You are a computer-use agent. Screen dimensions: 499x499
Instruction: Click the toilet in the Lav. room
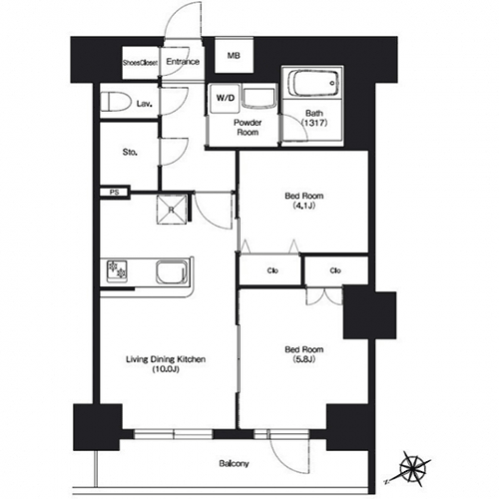click(x=116, y=102)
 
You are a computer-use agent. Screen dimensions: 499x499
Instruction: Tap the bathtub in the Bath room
click(x=313, y=83)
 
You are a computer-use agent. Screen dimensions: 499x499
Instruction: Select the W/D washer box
click(x=226, y=98)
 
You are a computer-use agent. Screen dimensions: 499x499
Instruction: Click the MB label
click(x=234, y=56)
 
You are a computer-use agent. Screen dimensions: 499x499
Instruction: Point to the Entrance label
click(x=183, y=62)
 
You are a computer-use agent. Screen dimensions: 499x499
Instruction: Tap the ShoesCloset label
click(x=140, y=63)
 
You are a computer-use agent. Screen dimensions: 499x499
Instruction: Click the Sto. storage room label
click(x=130, y=153)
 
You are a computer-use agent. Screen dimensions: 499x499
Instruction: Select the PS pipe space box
click(x=115, y=193)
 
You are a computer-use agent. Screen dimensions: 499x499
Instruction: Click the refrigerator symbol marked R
click(x=172, y=210)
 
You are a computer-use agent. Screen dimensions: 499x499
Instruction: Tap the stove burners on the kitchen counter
click(x=117, y=269)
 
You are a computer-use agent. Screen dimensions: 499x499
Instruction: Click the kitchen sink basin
click(x=171, y=272)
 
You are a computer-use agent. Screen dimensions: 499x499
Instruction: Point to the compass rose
click(x=412, y=468)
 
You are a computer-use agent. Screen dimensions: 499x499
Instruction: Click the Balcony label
click(x=234, y=463)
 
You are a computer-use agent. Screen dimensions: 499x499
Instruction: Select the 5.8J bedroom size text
click(x=304, y=359)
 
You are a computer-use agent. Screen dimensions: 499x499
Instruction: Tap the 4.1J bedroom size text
click(x=304, y=206)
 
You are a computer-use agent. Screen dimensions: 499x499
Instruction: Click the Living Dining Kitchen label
click(x=166, y=359)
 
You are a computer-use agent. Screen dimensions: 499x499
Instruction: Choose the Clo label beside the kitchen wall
click(x=272, y=270)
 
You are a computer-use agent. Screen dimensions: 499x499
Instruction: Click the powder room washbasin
click(x=259, y=98)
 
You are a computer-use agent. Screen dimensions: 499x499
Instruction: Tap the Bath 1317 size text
click(x=314, y=123)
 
